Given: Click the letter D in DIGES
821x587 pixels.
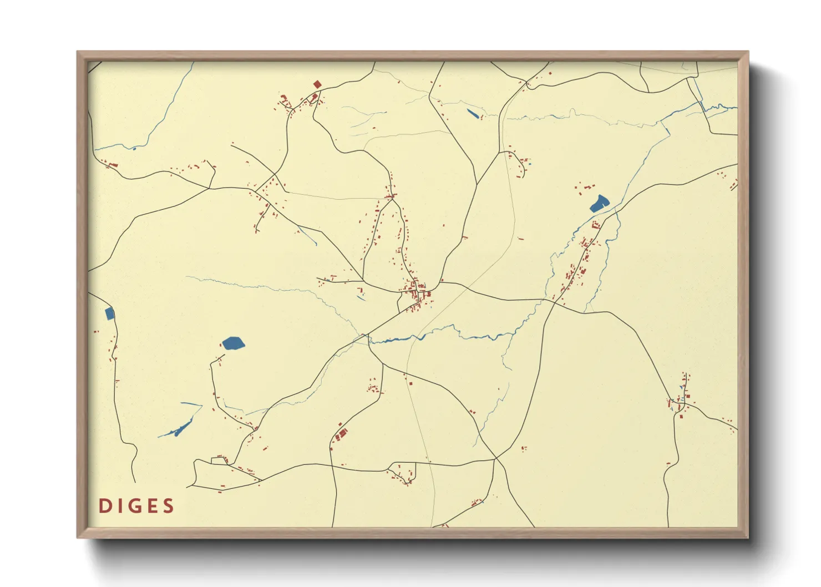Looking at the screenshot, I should (103, 506).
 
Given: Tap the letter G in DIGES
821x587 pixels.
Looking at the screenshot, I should (135, 506).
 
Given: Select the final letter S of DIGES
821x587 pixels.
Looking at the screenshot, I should (169, 506).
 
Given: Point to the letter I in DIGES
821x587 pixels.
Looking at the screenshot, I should (119, 506).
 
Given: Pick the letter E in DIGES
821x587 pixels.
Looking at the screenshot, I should (152, 506).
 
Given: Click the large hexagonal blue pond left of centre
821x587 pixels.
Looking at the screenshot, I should (233, 343).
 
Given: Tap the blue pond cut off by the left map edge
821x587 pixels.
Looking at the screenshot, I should (110, 314).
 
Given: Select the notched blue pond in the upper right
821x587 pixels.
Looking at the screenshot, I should (599, 204).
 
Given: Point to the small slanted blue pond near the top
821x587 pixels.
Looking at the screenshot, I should (473, 114).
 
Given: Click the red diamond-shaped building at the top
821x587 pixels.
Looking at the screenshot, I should (317, 85).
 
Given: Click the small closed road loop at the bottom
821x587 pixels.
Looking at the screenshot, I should (403, 472).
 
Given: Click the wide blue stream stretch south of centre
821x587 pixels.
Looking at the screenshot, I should (399, 339).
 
